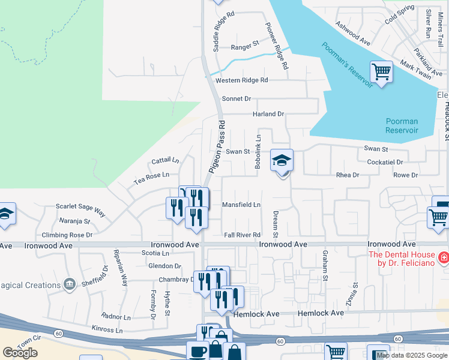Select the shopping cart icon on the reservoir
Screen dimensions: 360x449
(381, 73)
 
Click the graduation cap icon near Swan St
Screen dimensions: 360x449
(282, 161)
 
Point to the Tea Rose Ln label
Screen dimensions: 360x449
(151, 175)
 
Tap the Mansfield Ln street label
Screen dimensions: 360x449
(241, 205)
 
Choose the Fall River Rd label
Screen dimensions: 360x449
(243, 235)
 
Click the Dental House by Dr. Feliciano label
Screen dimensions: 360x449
(402, 258)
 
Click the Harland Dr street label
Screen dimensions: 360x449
(268, 114)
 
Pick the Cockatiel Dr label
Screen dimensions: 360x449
(384, 162)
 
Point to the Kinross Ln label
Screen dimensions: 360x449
(107, 330)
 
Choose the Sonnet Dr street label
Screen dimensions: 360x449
(236, 98)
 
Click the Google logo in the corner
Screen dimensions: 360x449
(20, 353)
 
